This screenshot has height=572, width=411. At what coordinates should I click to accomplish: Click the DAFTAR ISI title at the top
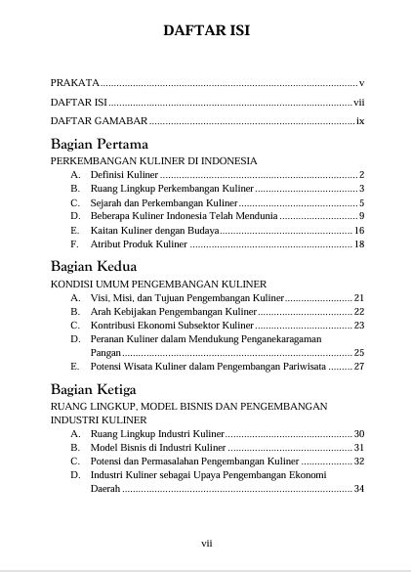tap(206, 30)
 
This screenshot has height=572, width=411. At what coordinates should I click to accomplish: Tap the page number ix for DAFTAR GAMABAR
tap(359, 122)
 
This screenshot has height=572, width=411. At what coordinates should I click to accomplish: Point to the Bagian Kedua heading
tap(94, 265)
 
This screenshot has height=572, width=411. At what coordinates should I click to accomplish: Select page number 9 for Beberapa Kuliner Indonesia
tap(361, 216)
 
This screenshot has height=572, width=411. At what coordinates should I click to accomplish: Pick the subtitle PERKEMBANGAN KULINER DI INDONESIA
tap(153, 160)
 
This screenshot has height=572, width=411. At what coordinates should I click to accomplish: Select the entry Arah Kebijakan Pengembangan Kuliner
tap(171, 310)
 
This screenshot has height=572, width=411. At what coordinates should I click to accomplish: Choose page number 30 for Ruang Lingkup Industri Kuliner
tap(358, 433)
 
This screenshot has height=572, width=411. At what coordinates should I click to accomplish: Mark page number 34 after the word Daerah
tap(358, 489)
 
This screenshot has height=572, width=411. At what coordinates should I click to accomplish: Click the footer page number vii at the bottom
tap(206, 543)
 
